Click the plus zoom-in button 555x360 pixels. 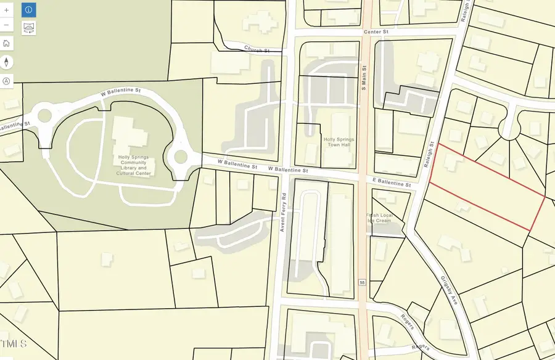coord(6,10)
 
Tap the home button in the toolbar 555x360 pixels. coord(6,43)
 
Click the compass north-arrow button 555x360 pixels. coord(6,62)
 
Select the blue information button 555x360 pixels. coord(28,10)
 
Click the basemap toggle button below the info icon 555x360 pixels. coord(28,27)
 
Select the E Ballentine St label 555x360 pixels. coord(391,183)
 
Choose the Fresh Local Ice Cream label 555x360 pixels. coord(379,218)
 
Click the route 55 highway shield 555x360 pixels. coord(363,282)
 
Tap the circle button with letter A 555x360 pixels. coord(6,81)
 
